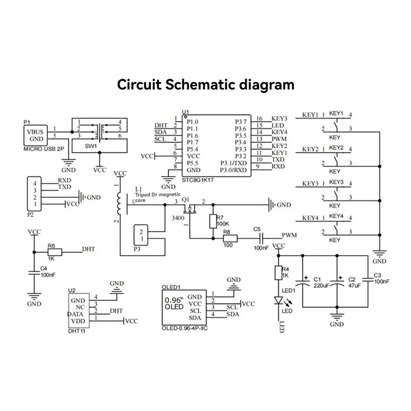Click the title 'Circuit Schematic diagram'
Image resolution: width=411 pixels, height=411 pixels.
(x=206, y=84)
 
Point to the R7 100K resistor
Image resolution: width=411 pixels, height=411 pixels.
(x=213, y=221)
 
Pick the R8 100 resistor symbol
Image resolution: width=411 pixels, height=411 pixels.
(x=230, y=238)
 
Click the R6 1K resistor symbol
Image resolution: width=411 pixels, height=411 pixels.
(x=54, y=252)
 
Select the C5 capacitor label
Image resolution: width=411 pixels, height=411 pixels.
(x=257, y=229)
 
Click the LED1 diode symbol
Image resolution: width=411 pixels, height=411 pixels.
(x=278, y=300)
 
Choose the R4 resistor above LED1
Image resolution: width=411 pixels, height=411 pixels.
(x=278, y=273)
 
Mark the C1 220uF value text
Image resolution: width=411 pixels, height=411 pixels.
(x=321, y=285)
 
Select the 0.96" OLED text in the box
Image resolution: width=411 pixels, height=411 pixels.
(x=174, y=304)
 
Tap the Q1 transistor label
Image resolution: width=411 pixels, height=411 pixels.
(x=186, y=199)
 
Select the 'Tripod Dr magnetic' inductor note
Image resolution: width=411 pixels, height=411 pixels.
(x=159, y=196)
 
